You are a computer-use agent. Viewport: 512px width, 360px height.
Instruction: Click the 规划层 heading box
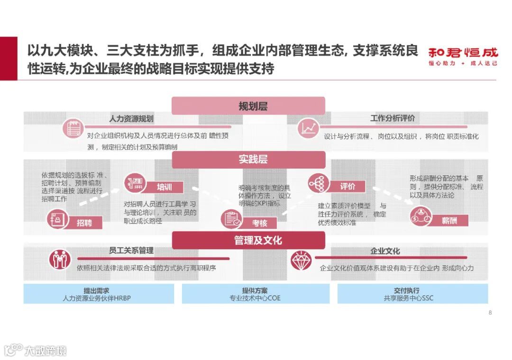(x=248, y=106)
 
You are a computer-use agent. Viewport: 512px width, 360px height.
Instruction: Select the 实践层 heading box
(x=248, y=160)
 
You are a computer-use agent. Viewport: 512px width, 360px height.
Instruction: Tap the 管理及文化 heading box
(x=248, y=240)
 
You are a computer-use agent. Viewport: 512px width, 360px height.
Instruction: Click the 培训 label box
(x=164, y=187)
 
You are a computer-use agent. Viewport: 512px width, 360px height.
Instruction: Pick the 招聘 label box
(x=84, y=222)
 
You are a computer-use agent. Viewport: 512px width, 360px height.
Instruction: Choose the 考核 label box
(x=259, y=223)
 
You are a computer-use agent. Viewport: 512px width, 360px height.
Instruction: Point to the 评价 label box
(x=347, y=187)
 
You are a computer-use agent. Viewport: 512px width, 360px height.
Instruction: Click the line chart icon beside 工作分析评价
(x=309, y=128)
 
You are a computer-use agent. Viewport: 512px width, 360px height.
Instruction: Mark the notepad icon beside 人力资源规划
(x=73, y=128)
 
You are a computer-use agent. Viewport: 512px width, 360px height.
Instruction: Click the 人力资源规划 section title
(x=131, y=118)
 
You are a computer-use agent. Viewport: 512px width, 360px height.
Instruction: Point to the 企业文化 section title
(x=385, y=251)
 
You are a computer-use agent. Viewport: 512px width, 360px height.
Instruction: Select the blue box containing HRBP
(x=99, y=294)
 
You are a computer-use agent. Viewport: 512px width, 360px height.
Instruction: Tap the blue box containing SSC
(x=412, y=294)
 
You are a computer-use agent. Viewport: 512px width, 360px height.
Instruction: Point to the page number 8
(x=490, y=312)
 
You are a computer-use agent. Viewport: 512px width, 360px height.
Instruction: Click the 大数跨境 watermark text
(x=46, y=351)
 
